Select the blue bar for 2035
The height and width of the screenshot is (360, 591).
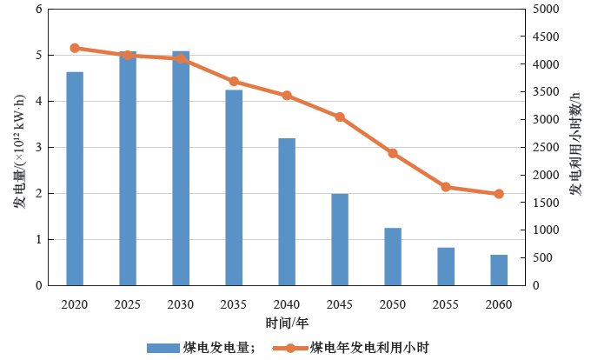(x=234, y=188)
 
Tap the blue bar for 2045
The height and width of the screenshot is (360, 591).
(x=340, y=239)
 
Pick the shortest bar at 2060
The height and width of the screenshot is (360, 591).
(x=499, y=270)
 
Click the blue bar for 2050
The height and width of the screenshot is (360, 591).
(x=393, y=257)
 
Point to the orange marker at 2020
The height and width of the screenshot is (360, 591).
(x=75, y=48)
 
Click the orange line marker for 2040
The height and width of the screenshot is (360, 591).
(x=287, y=96)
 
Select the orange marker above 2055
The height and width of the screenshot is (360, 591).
(x=446, y=187)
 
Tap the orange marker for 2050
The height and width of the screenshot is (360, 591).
(x=393, y=153)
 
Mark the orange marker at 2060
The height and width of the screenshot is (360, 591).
(x=499, y=194)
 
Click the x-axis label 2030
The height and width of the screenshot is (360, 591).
(x=181, y=304)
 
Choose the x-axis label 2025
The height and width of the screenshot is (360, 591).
(x=128, y=304)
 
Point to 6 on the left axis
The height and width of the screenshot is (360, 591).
(x=37, y=10)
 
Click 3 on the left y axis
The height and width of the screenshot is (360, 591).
(x=37, y=148)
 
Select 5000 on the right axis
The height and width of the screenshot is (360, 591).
(x=546, y=10)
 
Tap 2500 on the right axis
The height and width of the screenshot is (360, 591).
(x=546, y=148)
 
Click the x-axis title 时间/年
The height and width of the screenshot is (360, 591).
(x=287, y=323)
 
